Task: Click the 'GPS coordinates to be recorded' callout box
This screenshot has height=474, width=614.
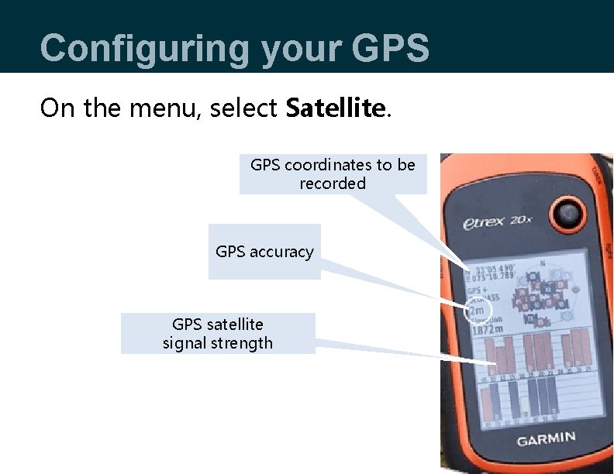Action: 333,174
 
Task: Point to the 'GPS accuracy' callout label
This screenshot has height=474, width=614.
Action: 264,252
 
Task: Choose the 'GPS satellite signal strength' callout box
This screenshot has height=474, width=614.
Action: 218,333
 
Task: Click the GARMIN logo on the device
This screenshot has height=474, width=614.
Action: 546,439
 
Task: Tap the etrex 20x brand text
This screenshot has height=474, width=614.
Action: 495,223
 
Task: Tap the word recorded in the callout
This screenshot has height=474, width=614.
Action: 333,184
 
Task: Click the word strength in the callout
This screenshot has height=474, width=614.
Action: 244,343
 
